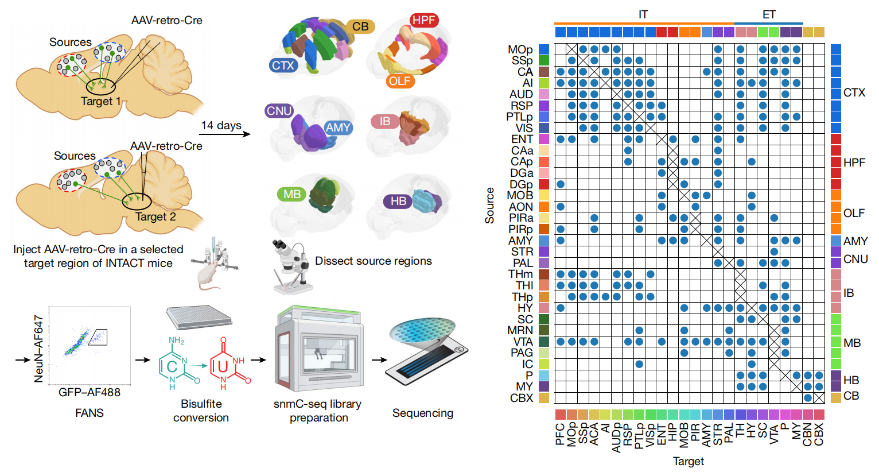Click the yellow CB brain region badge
pyautogui.click(x=360, y=26)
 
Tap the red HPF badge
pyautogui.click(x=424, y=21)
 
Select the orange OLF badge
pyautogui.click(x=399, y=81)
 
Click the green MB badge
pyautogui.click(x=292, y=194)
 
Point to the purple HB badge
pyautogui.click(x=398, y=201)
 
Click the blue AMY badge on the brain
pyautogui.click(x=338, y=128)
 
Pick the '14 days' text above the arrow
pyautogui.click(x=221, y=125)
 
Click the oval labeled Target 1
pyautogui.click(x=101, y=87)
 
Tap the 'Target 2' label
pyautogui.click(x=155, y=216)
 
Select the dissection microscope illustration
pyautogui.click(x=290, y=267)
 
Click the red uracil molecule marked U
pyautogui.click(x=227, y=365)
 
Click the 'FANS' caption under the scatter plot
pyautogui.click(x=90, y=413)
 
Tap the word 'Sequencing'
pyautogui.click(x=423, y=413)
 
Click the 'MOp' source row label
pyautogui.click(x=520, y=50)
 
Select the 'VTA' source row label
pyautogui.click(x=523, y=342)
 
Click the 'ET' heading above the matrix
pyautogui.click(x=769, y=14)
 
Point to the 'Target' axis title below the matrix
pyautogui.click(x=688, y=461)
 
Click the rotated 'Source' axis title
pyautogui.click(x=489, y=205)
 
